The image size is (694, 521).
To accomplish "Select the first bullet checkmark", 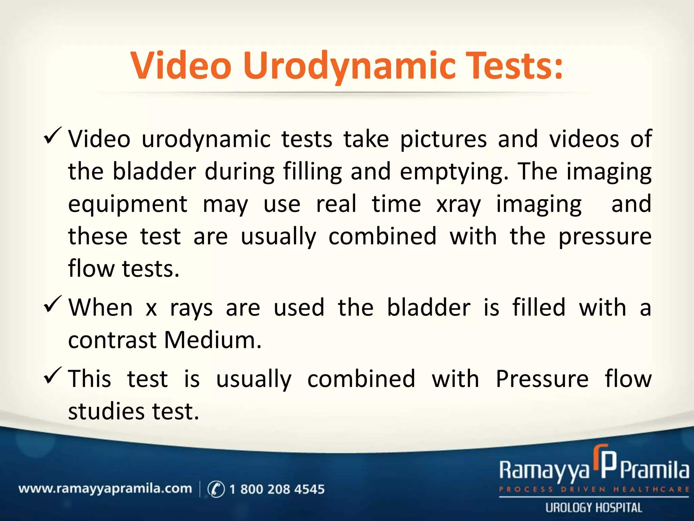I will [x=53, y=136].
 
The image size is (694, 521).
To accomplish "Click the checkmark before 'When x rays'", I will [x=53, y=304].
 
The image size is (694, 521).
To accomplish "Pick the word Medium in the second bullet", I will [x=212, y=340].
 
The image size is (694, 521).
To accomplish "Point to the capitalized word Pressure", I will [x=542, y=379].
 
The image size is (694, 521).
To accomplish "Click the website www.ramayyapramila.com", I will [x=105, y=489].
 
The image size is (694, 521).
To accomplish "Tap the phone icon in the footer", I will [x=216, y=489].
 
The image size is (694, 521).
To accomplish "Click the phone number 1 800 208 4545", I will [x=277, y=489].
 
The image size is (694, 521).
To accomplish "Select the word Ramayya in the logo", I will [x=544, y=471].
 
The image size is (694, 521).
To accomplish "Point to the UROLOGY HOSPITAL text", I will [x=594, y=508].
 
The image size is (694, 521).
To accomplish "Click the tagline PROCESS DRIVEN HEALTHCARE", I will [x=594, y=489].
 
